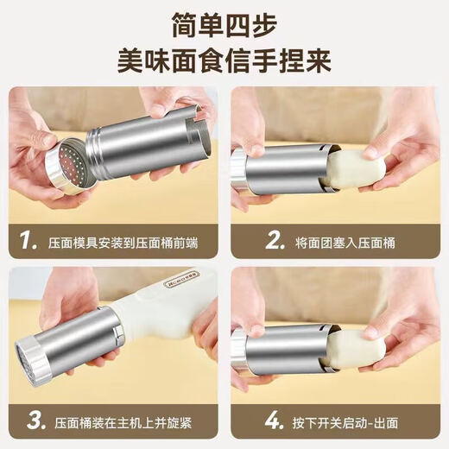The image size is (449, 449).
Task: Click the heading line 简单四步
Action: coord(224,23)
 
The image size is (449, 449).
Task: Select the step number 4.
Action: coord(250,421)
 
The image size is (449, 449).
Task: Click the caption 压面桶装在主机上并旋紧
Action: coord(121,422)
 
